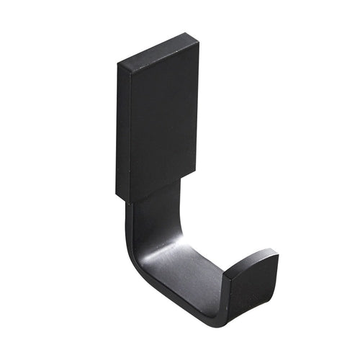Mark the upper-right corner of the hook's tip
click(x=276, y=253)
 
